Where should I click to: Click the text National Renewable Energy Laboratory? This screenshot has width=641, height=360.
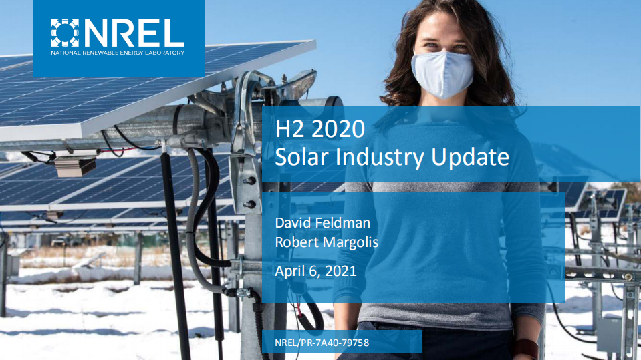coord(118,51)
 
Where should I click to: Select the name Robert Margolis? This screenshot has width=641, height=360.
coord(326,242)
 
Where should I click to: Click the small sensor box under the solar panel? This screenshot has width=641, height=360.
coord(75,166)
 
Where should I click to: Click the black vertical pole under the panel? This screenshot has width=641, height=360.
coord(175,267)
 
